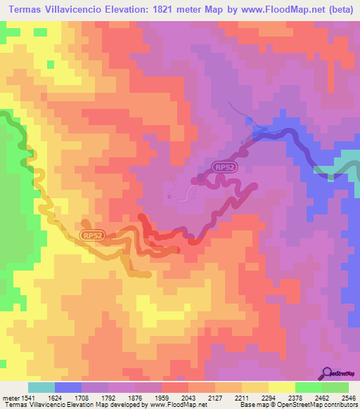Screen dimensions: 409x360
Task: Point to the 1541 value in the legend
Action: click(x=27, y=397)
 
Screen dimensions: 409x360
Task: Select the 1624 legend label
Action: click(x=55, y=397)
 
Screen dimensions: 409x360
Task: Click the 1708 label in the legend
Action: click(x=82, y=397)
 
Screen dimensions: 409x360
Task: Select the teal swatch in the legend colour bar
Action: click(x=41, y=387)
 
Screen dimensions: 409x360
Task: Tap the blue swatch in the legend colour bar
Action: click(x=68, y=387)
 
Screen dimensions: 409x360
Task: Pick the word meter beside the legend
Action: click(x=10, y=397)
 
